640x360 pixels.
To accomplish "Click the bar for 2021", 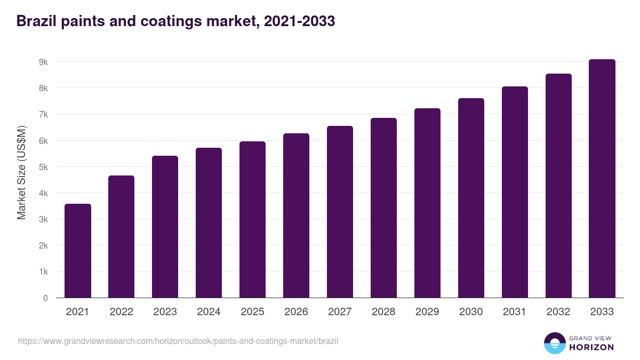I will (x=78, y=251).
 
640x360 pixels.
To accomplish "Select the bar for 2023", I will (x=165, y=227).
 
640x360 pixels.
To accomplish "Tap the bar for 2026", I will (x=296, y=215).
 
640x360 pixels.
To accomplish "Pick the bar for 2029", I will (x=427, y=203).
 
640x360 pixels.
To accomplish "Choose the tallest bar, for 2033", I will (x=602, y=178).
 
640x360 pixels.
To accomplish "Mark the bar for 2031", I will (x=515, y=192).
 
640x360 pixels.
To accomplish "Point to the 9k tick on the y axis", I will (x=43, y=62).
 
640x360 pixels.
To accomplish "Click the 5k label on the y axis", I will (x=43, y=167).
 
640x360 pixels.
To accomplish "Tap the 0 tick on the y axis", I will (x=45, y=298).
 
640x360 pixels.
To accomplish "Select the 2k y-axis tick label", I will (x=43, y=246).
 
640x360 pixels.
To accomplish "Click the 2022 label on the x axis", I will (x=121, y=312).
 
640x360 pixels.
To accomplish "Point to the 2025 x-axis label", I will (x=252, y=312).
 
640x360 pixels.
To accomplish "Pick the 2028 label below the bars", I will (x=383, y=312).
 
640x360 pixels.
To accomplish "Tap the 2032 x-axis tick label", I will (x=558, y=312).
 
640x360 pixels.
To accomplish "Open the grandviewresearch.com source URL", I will (x=178, y=341).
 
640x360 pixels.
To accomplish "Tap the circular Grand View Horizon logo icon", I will (x=554, y=343).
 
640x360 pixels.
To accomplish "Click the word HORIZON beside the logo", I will (x=591, y=347).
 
